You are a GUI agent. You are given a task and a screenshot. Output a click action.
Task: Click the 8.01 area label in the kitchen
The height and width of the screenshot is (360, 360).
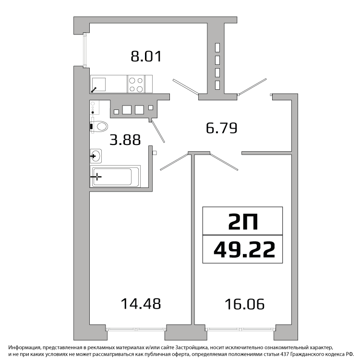coord(146,56)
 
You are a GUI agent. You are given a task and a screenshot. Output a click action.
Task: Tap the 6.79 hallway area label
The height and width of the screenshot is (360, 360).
coord(222,128)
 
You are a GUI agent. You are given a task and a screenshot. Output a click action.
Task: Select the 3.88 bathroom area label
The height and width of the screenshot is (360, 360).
coord(125,140)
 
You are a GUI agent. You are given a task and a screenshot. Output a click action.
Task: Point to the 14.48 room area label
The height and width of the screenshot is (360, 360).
coord(141,303)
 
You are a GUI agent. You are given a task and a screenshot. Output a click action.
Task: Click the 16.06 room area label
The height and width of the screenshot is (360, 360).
coord(244,304)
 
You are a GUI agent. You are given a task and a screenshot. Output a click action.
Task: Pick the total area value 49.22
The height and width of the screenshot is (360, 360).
coord(244,250)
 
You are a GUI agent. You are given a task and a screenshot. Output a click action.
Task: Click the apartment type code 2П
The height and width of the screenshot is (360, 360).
coord(243,221)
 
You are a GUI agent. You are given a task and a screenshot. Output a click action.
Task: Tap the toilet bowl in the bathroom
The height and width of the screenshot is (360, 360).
coord(100,127)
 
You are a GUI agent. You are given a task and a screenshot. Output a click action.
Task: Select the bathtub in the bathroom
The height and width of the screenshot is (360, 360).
coord(115,176)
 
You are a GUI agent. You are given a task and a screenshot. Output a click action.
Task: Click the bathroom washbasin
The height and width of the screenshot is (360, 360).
coord(96,156)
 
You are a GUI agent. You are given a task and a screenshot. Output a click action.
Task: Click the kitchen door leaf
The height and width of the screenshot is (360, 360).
coord(185,87)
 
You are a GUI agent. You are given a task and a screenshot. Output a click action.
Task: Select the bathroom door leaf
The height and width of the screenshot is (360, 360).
coord(157,131)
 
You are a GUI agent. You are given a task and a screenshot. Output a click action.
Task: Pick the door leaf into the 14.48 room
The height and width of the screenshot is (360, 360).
coord(174,162)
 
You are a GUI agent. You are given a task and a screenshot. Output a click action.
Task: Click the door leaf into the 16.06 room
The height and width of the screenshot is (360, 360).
coord(224,162)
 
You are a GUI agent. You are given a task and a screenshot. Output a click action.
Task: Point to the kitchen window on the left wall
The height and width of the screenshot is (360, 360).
coord(85,50)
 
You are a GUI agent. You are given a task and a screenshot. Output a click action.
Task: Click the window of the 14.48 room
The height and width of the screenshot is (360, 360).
coord(136,329)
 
